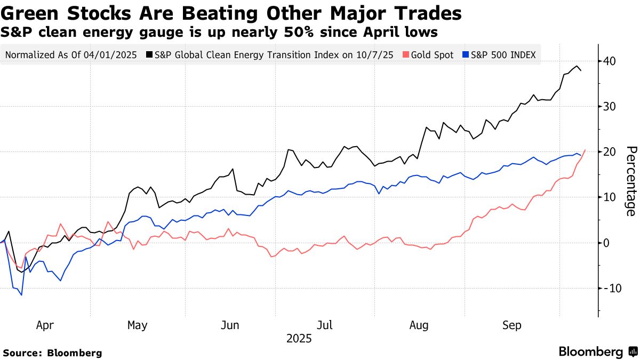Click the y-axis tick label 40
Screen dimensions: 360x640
(610, 61)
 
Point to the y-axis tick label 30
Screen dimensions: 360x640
(610, 106)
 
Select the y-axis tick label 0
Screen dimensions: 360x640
(607, 243)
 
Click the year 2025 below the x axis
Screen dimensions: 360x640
(299, 339)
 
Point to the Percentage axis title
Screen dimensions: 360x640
(630, 181)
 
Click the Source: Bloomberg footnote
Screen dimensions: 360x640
(52, 353)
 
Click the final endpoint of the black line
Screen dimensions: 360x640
(581, 70)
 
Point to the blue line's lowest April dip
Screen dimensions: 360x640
(21, 295)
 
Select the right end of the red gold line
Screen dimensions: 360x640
(586, 150)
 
